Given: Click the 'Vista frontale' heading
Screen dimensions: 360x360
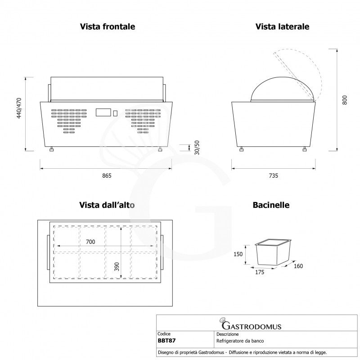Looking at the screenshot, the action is [108, 27].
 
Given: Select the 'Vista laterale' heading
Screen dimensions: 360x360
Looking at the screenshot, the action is [282, 27].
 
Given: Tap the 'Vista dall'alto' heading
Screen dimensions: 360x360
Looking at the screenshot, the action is [107, 205].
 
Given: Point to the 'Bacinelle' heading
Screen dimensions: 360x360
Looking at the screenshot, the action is [271, 205].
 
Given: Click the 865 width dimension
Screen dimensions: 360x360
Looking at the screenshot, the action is [107, 175].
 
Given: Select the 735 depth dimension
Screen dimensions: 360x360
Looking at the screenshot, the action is [274, 175].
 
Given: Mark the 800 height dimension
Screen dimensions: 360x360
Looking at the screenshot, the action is [344, 100].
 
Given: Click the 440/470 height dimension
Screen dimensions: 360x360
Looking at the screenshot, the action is [19, 108].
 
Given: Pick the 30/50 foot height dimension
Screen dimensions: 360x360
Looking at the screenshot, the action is [197, 148].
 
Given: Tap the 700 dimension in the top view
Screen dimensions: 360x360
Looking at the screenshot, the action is [90, 242].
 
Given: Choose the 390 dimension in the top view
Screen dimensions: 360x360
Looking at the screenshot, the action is [117, 266].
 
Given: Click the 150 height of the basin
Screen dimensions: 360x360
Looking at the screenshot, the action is [238, 254].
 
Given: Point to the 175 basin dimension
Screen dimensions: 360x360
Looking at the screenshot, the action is [260, 272].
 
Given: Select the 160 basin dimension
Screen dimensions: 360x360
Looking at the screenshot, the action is [298, 266].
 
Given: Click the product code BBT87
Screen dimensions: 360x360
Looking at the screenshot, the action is [166, 341].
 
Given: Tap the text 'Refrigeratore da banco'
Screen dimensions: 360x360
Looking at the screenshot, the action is [240, 341].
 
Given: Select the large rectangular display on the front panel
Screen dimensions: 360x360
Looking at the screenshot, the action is [103, 112].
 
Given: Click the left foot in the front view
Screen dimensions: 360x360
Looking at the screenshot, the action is [52, 149].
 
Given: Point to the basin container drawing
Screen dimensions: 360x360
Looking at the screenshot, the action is [273, 252].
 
